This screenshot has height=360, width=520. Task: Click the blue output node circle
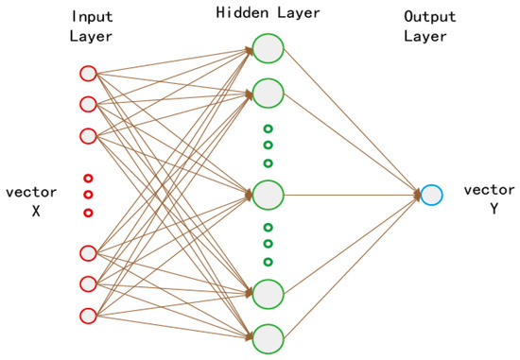[x=431, y=195]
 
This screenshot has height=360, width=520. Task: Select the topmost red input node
[x=88, y=72]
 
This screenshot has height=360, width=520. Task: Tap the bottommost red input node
[x=88, y=315]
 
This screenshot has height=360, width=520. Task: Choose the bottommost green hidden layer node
[x=269, y=336]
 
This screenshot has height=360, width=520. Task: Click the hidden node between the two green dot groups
[x=269, y=195]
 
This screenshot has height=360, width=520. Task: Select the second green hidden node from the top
[x=269, y=93]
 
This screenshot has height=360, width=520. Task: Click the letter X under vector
[x=36, y=211]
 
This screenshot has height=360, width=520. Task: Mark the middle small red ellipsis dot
[x=88, y=195]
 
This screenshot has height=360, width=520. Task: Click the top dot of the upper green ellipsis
[x=269, y=129]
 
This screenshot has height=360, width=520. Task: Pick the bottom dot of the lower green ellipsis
[x=269, y=262]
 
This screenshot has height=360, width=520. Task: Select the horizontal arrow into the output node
[x=350, y=195]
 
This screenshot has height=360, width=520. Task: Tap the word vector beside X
[x=31, y=192]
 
